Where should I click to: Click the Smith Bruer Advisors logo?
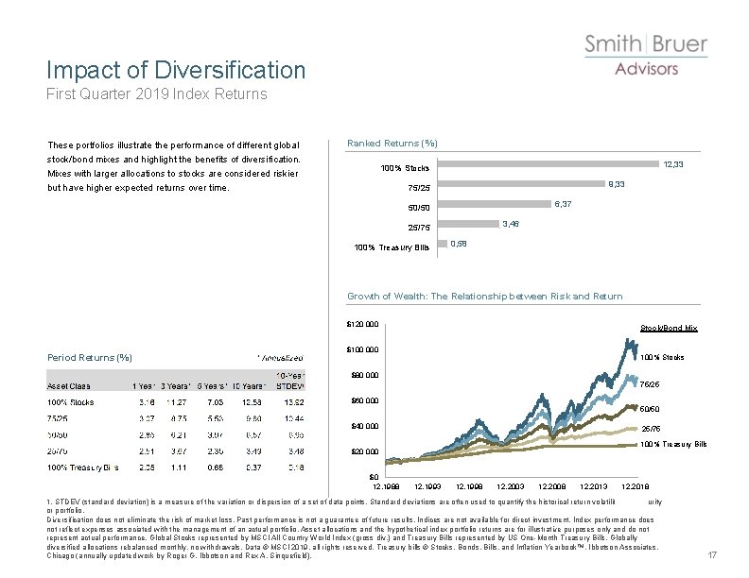tap(646, 55)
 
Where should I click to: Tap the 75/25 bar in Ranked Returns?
tap(520, 186)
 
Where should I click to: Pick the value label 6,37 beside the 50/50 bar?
tap(562, 204)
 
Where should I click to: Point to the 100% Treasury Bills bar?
tap(442, 246)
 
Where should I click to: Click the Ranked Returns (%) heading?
tap(392, 144)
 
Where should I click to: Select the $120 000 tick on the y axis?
tap(360, 325)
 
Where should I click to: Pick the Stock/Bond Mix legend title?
tap(669, 328)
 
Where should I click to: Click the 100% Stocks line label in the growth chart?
tap(662, 357)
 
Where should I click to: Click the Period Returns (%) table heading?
tap(90, 357)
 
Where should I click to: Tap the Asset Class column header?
tap(69, 385)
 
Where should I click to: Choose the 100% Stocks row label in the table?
tap(71, 402)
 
